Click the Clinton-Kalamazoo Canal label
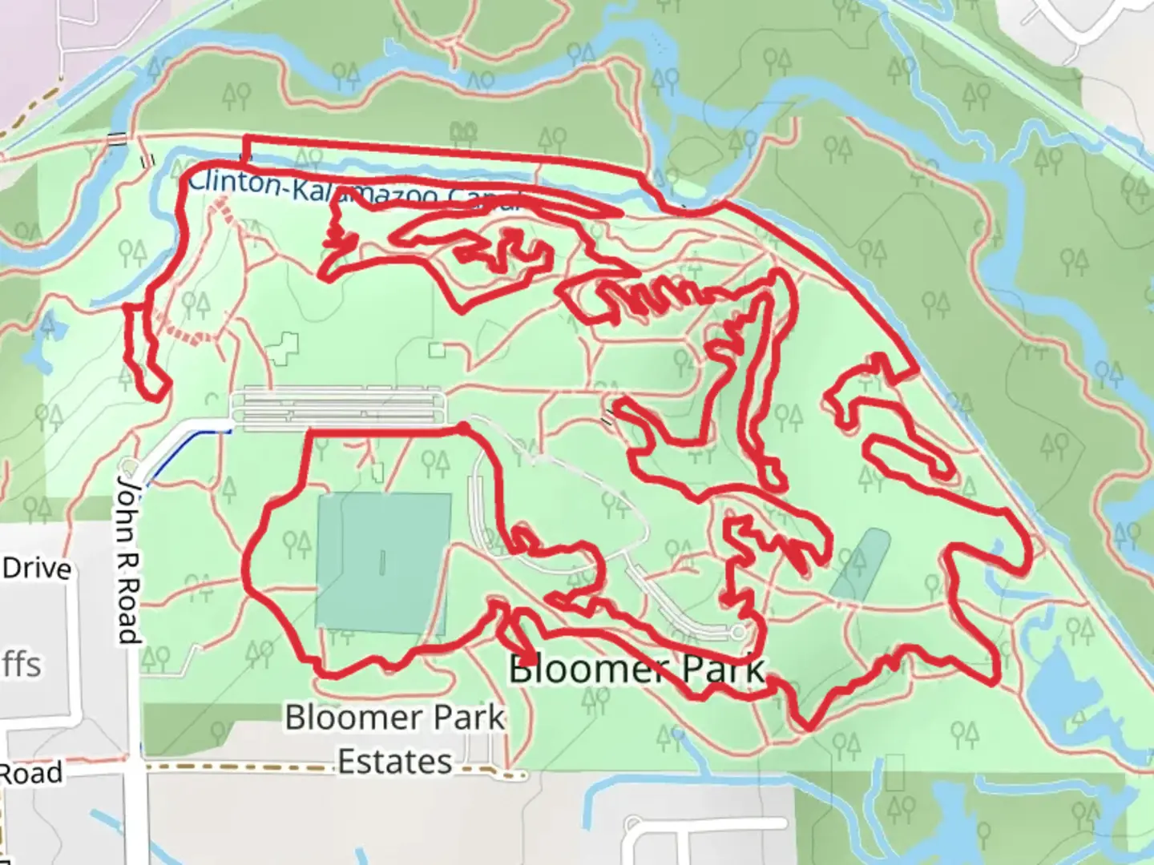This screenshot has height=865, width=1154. [x=353, y=191]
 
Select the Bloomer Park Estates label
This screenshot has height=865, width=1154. [x=395, y=738]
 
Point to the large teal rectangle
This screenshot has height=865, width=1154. [x=383, y=562]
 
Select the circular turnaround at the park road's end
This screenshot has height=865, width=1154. [x=738, y=633]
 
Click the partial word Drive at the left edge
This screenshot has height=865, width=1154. [x=37, y=569]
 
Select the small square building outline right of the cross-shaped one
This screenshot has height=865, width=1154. [x=437, y=350]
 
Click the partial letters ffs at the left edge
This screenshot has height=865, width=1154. [x=21, y=665]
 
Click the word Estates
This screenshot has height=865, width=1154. [x=394, y=761]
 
